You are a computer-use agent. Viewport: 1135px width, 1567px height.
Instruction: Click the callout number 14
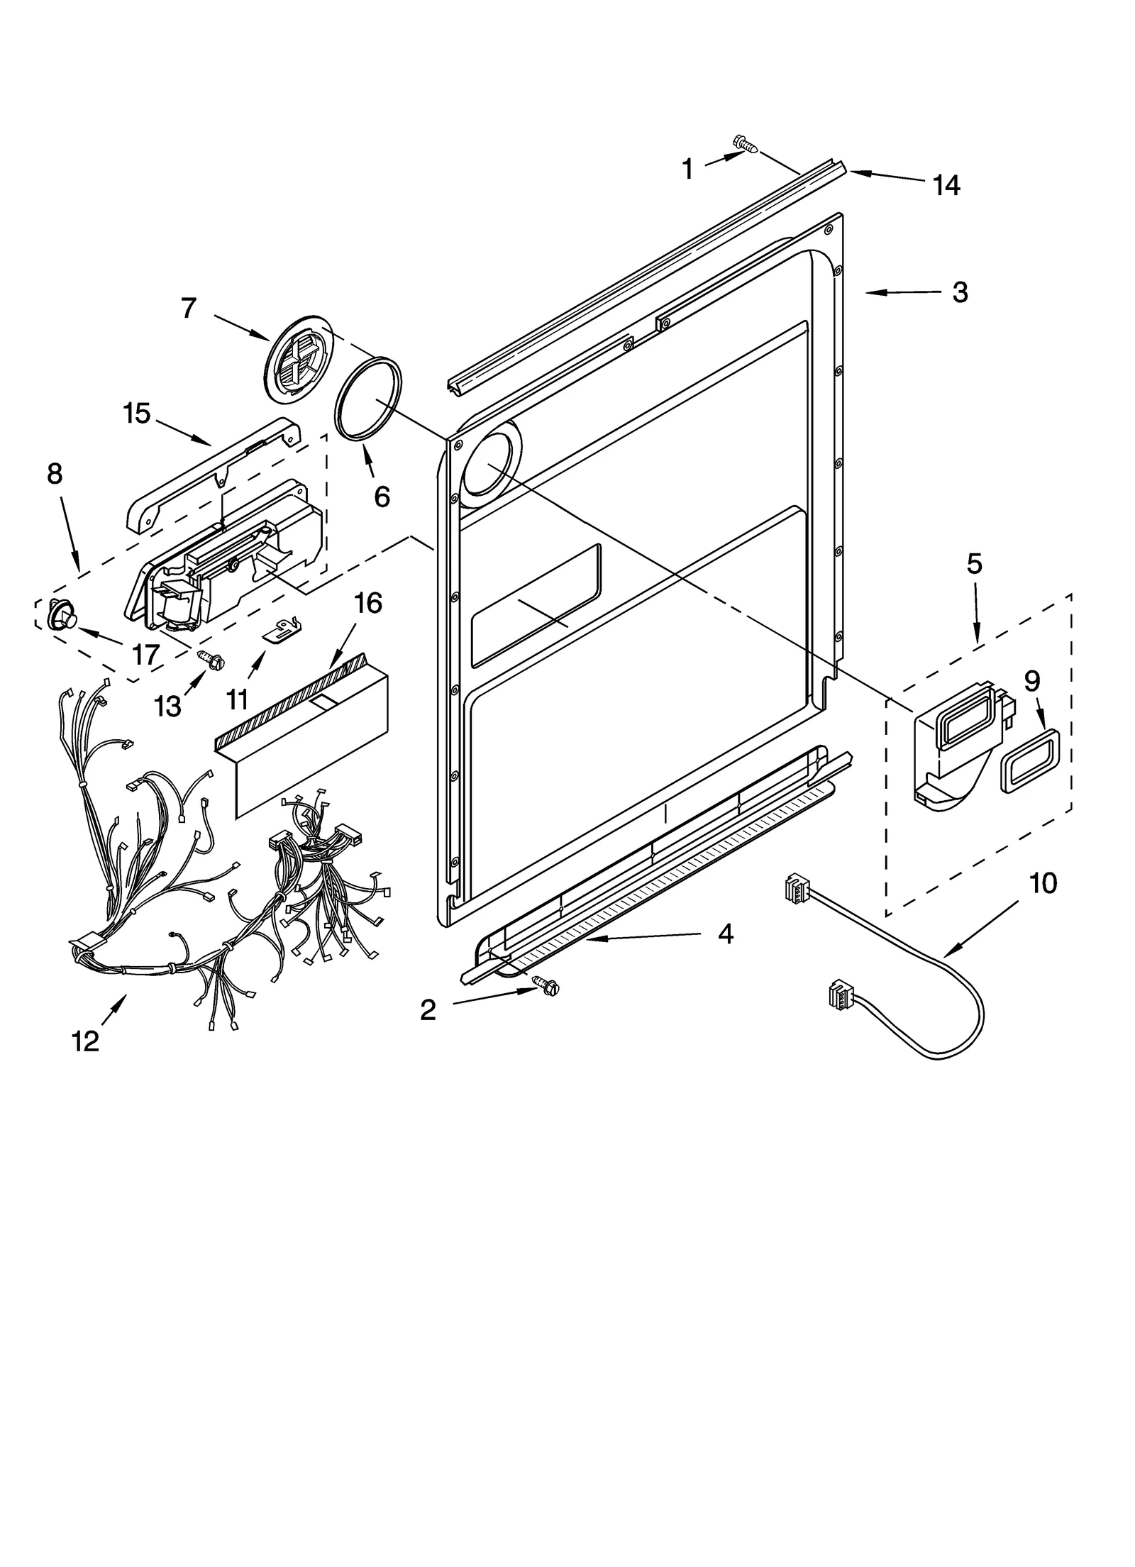[x=946, y=185]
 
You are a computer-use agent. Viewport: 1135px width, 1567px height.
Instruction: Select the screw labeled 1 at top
[x=745, y=144]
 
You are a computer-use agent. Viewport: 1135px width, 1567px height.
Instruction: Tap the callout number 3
[x=960, y=292]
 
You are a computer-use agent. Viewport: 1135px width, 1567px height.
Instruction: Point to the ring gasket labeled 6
[x=367, y=402]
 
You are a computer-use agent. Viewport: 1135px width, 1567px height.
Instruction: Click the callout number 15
[x=137, y=413]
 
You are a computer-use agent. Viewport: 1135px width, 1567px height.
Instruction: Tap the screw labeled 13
[x=211, y=659]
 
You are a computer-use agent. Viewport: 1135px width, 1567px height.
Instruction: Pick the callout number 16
[x=368, y=603]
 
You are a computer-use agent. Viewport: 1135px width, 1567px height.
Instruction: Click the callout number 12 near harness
[x=85, y=1041]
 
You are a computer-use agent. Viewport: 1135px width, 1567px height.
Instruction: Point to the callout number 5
[x=975, y=564]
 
